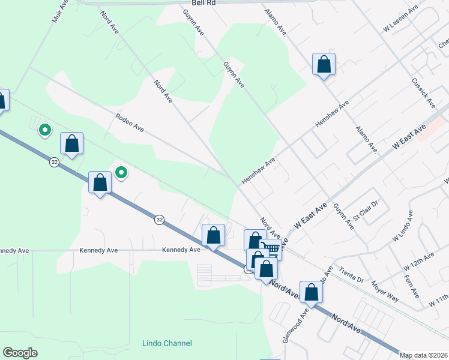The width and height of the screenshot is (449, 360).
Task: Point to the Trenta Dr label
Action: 352,275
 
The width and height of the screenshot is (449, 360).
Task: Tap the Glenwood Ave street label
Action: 294,324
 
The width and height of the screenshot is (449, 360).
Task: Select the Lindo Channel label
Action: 167,343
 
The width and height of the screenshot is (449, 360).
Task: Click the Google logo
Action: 20,353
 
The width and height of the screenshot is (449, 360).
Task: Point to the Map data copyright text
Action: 424,355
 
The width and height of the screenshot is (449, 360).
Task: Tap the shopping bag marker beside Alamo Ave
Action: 324,64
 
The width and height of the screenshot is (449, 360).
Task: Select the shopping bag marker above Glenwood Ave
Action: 311,292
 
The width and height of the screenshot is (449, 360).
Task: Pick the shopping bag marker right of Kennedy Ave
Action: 213,235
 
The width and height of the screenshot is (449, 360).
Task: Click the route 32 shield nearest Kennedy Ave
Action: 158,220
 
